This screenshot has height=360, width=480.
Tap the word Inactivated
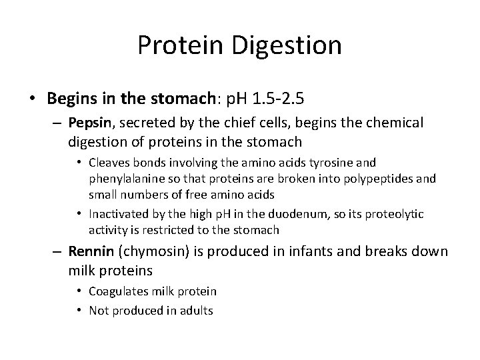(120, 213)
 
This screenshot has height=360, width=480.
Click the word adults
(193, 310)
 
